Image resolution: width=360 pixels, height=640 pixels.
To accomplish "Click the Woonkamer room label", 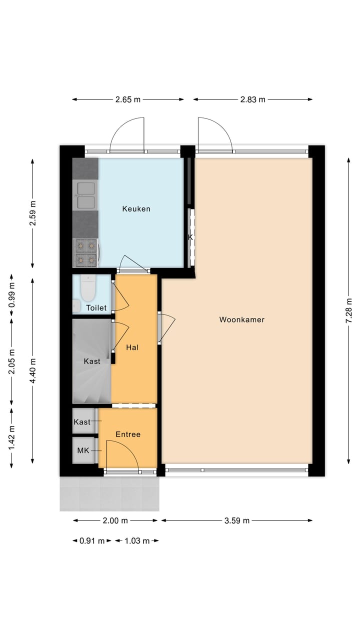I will [241, 319].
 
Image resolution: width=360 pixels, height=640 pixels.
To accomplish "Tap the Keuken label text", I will [136, 209].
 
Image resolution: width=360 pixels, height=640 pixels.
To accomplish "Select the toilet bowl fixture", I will [88, 289].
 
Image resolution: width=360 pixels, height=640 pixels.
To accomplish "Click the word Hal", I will [132, 347].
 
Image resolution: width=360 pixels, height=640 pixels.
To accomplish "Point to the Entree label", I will [128, 434].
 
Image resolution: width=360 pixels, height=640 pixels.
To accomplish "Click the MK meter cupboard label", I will [82, 450].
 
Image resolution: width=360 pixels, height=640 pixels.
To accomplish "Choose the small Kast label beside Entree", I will [82, 422].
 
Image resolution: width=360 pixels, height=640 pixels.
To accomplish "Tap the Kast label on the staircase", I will [92, 361].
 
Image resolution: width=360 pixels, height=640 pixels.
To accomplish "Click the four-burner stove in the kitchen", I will [85, 252].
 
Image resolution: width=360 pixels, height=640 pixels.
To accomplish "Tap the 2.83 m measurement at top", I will [252, 99].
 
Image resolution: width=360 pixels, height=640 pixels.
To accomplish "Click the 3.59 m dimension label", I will [236, 520].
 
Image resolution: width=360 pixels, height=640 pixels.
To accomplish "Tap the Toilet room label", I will [96, 308].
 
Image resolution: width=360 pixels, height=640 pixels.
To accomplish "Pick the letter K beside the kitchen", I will [190, 237].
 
